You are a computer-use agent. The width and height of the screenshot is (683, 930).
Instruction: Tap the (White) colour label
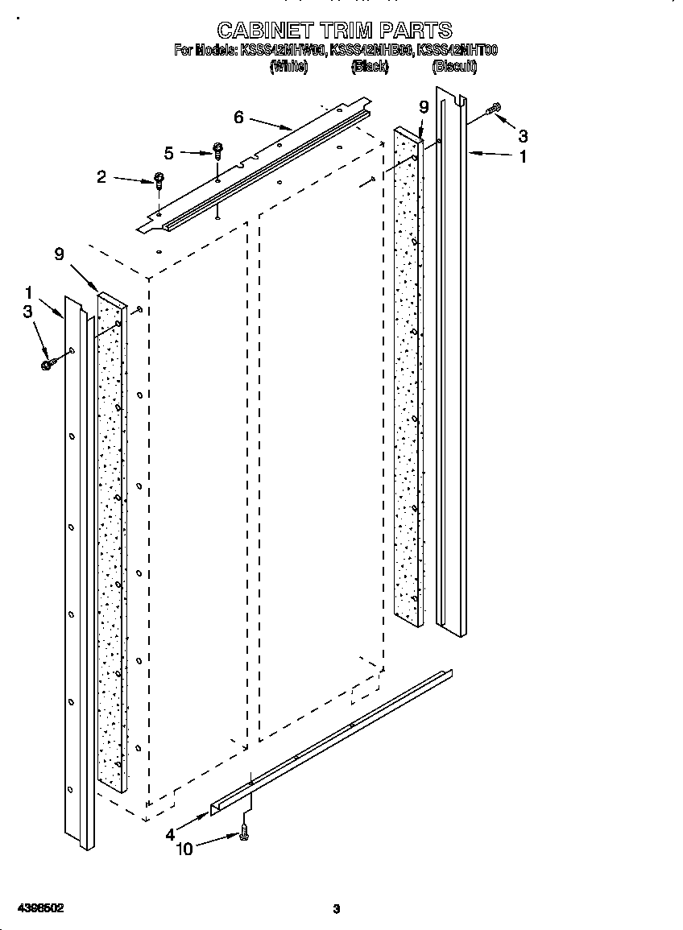tap(288, 68)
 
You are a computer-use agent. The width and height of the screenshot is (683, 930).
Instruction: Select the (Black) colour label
tap(370, 68)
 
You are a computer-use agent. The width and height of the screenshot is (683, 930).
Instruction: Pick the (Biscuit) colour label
tap(454, 68)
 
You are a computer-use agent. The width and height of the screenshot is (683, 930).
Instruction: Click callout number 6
tap(238, 117)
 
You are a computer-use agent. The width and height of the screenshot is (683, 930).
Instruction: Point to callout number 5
tap(168, 152)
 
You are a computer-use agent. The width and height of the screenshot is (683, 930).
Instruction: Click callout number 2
tap(101, 176)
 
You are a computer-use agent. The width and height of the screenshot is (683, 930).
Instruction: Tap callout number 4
tap(170, 835)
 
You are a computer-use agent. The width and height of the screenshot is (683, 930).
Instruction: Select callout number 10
tap(184, 849)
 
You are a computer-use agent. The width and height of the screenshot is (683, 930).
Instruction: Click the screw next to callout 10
tap(244, 837)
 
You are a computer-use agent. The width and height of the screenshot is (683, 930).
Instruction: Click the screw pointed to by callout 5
tap(217, 151)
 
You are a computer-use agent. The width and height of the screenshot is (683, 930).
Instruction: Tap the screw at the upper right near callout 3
tap(494, 109)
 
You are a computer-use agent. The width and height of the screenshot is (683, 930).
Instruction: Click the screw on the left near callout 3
tap(47, 364)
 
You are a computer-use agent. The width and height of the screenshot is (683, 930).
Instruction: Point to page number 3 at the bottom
tap(337, 909)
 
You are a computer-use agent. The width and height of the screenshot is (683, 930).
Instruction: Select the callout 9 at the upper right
tap(424, 107)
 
